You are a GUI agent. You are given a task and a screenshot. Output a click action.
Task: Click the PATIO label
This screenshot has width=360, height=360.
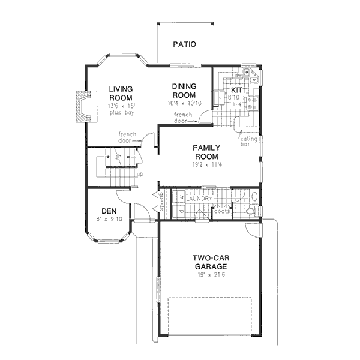[x=184, y=44]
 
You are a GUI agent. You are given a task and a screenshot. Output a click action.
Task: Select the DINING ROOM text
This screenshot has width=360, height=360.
[x=184, y=91]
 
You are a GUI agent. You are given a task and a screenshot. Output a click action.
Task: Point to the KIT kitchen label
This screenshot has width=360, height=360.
[x=236, y=90]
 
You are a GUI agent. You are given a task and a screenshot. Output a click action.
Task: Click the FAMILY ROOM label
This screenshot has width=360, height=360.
[x=206, y=152]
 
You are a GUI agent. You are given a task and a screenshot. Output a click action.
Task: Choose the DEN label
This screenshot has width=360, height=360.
[x=108, y=211]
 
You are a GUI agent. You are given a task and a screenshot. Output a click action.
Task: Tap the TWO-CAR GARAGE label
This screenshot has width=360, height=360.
[x=209, y=262]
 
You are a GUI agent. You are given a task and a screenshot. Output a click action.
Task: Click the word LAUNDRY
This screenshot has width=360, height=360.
[x=199, y=198]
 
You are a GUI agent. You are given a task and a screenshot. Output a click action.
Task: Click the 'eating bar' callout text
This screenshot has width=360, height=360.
[x=249, y=141]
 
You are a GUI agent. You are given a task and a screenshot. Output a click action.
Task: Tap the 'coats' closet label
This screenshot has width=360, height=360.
[x=221, y=211]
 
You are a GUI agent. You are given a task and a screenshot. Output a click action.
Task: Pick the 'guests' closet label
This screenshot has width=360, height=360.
[x=161, y=201]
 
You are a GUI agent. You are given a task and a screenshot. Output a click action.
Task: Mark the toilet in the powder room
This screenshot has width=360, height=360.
[x=251, y=211]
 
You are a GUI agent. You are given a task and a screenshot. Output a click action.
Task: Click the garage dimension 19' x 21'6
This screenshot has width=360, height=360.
[x=209, y=274]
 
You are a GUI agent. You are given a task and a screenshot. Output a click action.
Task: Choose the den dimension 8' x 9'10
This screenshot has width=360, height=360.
[x=108, y=219]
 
